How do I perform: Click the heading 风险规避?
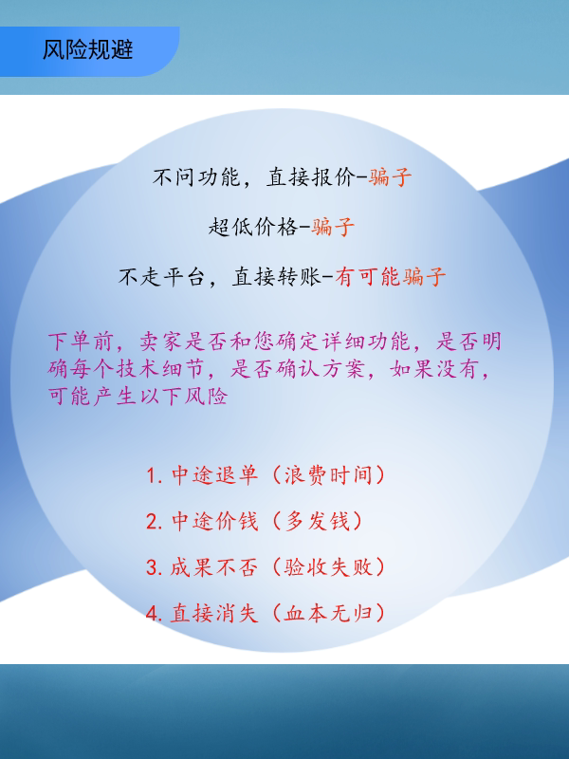click(x=87, y=50)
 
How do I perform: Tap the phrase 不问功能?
click(x=197, y=177)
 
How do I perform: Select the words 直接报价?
click(x=311, y=177)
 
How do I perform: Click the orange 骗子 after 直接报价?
click(x=390, y=177)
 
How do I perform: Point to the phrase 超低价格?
click(x=252, y=227)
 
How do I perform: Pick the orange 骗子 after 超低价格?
click(x=333, y=227)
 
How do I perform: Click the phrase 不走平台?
click(x=162, y=277)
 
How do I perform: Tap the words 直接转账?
click(x=276, y=277)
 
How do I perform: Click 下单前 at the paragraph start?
click(x=81, y=342)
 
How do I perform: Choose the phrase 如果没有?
click(x=435, y=369)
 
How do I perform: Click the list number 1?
click(x=153, y=476)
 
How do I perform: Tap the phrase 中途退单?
click(x=214, y=475)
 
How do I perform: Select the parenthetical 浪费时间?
click(x=328, y=475)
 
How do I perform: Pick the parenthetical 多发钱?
click(x=318, y=521)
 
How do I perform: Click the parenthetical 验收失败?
click(x=328, y=567)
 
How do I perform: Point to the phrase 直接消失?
click(x=214, y=614)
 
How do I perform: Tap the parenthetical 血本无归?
click(x=328, y=614)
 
